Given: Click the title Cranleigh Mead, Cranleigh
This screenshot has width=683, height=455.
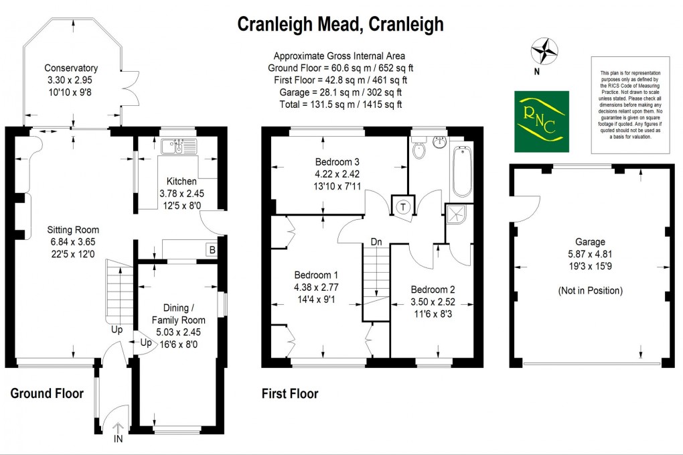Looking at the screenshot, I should [x=341, y=25].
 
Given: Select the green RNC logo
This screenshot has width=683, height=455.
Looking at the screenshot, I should [x=541, y=121].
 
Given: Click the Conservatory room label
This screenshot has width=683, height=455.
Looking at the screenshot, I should [x=71, y=68].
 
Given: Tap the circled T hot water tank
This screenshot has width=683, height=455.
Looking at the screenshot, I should [x=404, y=206].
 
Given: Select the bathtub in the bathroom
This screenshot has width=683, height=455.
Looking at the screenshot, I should [x=461, y=172].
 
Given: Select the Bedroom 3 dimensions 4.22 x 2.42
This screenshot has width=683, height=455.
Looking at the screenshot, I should [x=338, y=174].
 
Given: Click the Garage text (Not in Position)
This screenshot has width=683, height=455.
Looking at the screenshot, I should [x=589, y=291].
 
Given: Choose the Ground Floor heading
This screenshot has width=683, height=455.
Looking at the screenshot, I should [x=47, y=393].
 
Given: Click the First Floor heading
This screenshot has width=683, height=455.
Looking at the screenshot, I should [x=289, y=394].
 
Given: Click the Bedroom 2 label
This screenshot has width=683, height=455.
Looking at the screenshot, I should [x=433, y=289].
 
